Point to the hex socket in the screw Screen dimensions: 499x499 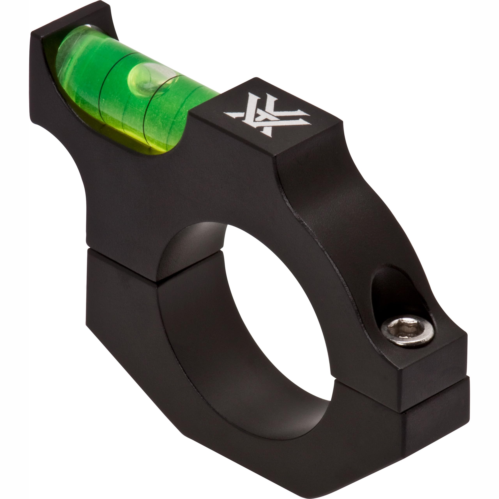pyautogui.click(x=406, y=330)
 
